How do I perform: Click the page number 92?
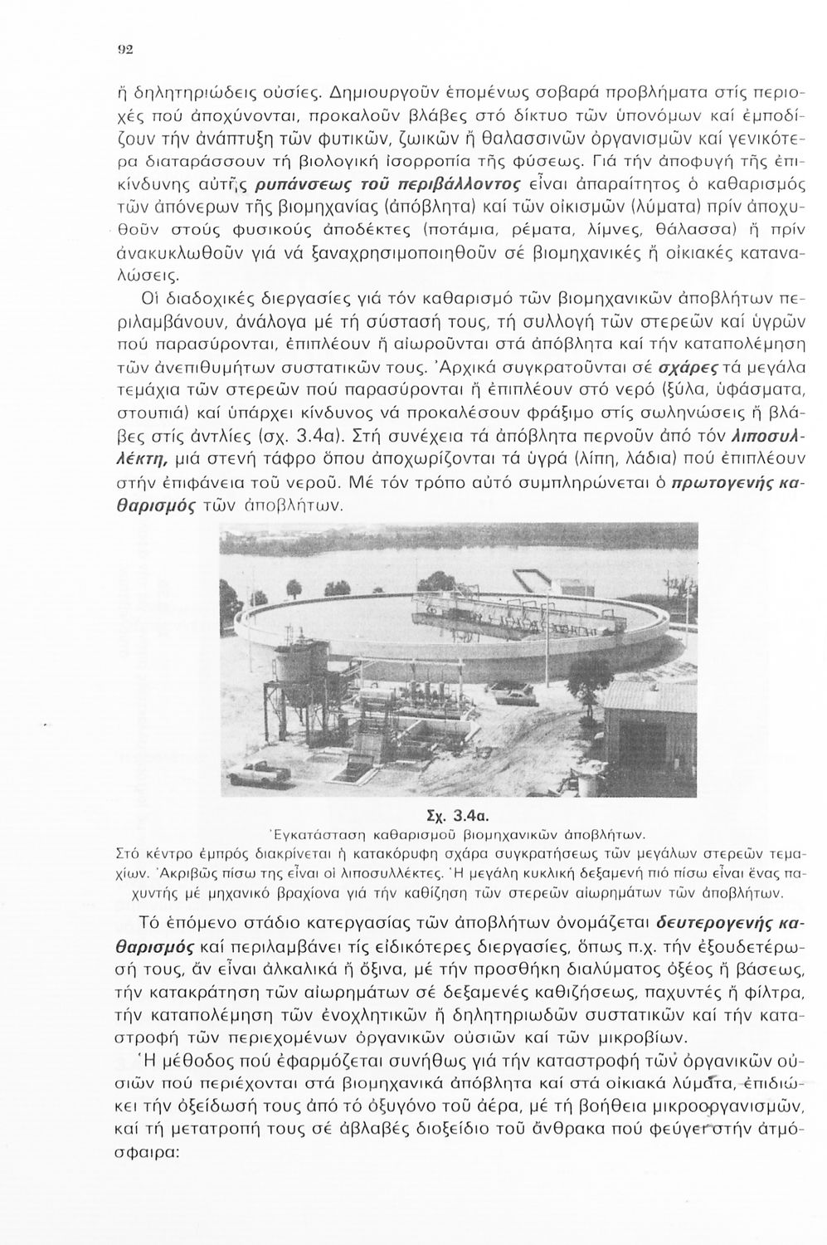coord(125,72)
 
